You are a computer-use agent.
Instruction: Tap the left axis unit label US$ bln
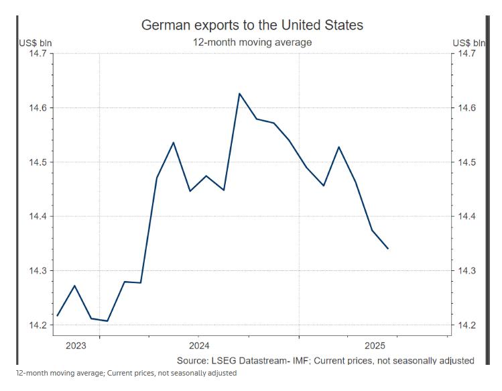point(35,44)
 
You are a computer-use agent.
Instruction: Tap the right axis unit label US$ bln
point(468,44)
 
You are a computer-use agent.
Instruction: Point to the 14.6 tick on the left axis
point(38,108)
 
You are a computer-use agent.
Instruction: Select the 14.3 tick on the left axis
point(38,271)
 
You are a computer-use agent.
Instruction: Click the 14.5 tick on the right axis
point(468,162)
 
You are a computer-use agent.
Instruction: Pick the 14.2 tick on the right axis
point(468,325)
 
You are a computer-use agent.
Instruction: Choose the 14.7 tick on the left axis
point(38,54)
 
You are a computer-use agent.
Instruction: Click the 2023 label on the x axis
point(76,345)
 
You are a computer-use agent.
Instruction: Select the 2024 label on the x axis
point(198,345)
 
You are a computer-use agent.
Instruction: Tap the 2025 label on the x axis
point(373,345)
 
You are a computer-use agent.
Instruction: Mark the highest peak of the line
point(239,93)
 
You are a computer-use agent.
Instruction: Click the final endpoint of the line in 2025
point(388,249)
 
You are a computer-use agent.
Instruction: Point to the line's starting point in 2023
point(58,315)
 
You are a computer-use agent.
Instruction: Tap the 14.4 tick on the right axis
point(468,217)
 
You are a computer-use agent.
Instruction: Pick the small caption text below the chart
point(127,373)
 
